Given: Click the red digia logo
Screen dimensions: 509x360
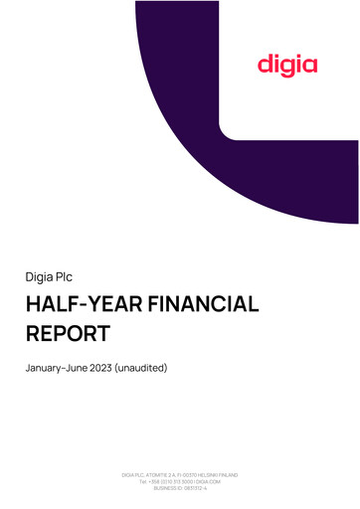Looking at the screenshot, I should pos(287,66).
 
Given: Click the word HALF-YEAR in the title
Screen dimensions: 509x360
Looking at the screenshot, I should pos(77,305).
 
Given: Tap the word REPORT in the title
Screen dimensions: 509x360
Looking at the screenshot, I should pos(68,333).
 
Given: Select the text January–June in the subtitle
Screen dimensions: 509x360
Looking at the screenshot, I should pos(56,369).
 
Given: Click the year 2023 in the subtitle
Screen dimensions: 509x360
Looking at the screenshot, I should pos(99,369).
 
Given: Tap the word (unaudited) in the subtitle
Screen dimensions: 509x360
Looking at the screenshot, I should pos(141,369).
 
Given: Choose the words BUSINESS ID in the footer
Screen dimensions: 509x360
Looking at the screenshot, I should pos(167,487).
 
